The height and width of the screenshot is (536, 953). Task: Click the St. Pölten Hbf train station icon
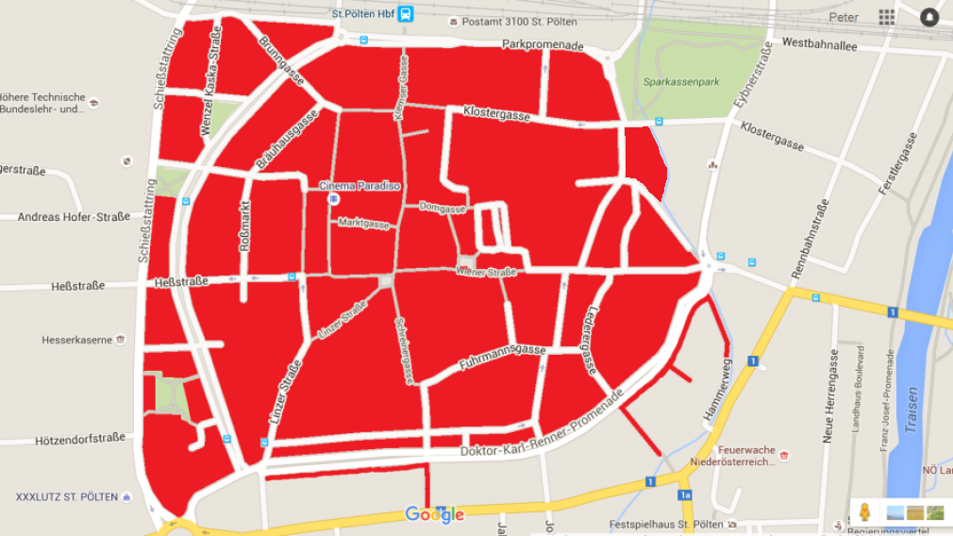coord(405,13)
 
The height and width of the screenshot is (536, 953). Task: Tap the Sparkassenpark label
coord(681,82)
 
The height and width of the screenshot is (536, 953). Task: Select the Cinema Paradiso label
coord(359,186)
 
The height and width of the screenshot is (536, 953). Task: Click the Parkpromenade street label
coord(543,44)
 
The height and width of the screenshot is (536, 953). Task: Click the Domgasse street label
coord(442,207)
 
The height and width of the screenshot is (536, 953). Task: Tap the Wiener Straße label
coord(486,272)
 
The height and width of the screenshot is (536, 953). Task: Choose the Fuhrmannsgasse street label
coord(502,357)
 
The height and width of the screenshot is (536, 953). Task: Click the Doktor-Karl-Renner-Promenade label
coord(542,424)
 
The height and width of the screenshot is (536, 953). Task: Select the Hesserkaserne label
coord(77,340)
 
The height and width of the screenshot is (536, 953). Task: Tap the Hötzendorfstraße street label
coord(79,438)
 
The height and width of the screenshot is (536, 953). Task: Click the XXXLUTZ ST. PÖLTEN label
coord(67,496)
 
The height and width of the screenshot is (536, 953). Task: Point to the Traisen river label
coord(911,409)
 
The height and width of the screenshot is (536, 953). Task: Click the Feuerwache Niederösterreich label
coord(745,456)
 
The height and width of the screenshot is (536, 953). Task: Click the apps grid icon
coord(887,17)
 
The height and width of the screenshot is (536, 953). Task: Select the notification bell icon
coord(929,17)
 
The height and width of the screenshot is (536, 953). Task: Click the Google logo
coord(435,514)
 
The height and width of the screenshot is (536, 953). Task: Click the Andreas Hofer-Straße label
coord(74,217)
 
